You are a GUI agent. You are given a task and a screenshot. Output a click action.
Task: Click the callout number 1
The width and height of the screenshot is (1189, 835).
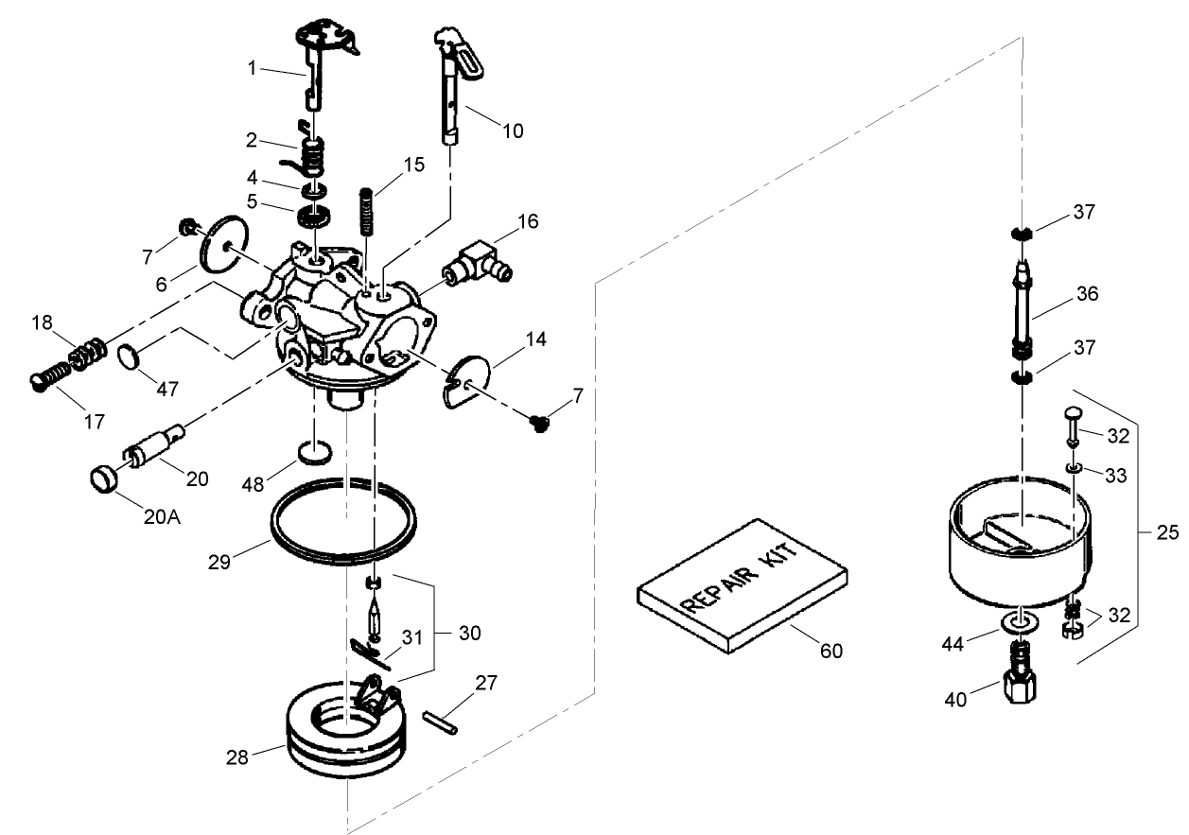pyautogui.click(x=253, y=68)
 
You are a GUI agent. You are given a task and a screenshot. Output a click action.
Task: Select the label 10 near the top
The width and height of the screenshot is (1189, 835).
pyautogui.click(x=512, y=130)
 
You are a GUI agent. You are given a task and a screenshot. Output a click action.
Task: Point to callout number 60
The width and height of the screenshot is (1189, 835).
pyautogui.click(x=831, y=651)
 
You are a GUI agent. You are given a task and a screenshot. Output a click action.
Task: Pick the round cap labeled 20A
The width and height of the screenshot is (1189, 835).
pyautogui.click(x=106, y=476)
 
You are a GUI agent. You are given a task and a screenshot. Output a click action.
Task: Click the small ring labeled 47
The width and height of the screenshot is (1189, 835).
pyautogui.click(x=132, y=356)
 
